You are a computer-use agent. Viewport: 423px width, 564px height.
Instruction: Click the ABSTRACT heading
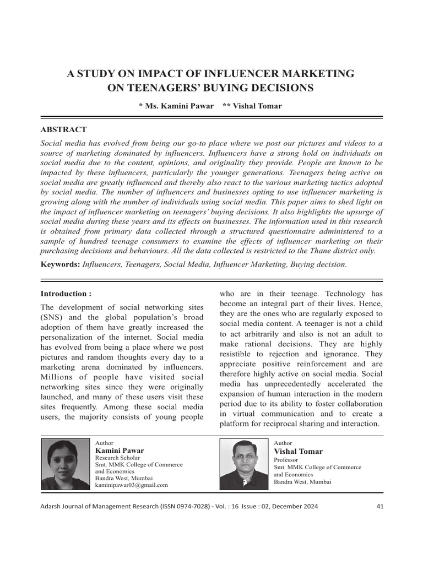pos(63,129)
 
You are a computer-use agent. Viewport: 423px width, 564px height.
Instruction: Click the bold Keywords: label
pos(61,264)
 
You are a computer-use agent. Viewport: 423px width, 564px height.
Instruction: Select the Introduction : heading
pos(66,294)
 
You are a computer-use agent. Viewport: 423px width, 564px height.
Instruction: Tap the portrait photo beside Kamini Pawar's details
pos(66,463)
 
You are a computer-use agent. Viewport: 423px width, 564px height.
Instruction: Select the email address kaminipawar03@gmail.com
pos(131,485)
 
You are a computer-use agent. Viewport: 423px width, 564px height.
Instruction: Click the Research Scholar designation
pos(118,458)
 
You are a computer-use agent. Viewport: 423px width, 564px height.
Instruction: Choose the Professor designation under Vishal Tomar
pos(286,459)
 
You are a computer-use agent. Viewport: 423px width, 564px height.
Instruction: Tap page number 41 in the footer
pos(379,506)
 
